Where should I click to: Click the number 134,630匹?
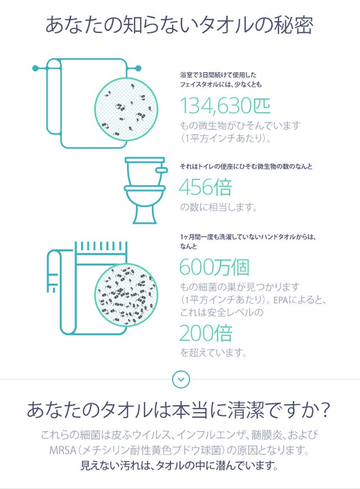[x=225, y=106]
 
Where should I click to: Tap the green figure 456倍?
[x=205, y=187]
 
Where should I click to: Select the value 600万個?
[x=214, y=267]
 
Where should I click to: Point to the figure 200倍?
[x=206, y=333]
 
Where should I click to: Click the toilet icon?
[x=146, y=190]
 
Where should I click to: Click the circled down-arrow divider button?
[x=181, y=379]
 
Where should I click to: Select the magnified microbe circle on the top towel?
[x=126, y=109]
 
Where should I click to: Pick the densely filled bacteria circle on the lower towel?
[x=126, y=295]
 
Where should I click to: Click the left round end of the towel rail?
[x=36, y=68]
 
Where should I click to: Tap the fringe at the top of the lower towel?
[x=101, y=246]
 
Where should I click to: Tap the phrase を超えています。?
[x=213, y=353]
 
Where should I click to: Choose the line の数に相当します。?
[x=218, y=207]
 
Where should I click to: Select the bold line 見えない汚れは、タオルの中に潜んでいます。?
[x=179, y=465]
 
